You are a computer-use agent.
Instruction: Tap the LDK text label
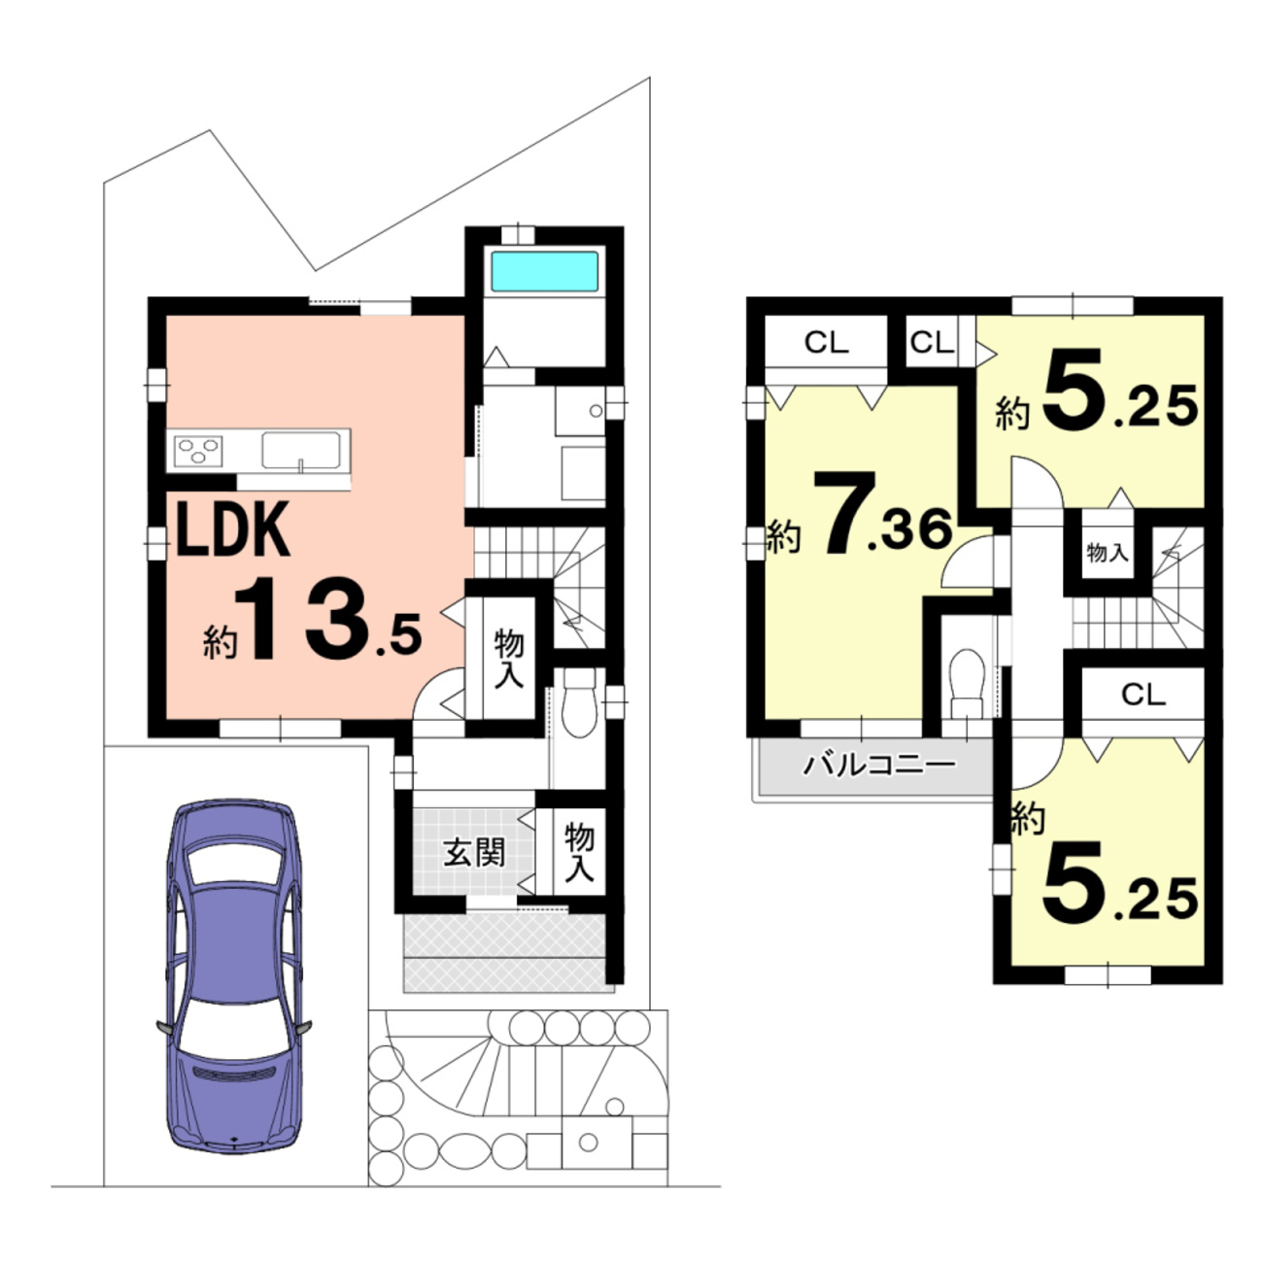coord(232,529)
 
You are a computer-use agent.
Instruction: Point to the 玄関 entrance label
coord(474,853)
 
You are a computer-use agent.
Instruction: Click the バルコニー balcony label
coord(879,765)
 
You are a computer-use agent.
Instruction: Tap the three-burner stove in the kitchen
coord(198,451)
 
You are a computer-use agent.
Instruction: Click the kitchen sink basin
coord(301,450)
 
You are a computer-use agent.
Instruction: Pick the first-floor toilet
coord(579,702)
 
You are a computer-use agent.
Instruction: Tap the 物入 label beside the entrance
coord(579,853)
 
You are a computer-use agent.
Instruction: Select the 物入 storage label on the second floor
coord(1107,553)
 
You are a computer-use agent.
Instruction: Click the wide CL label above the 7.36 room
coord(827,342)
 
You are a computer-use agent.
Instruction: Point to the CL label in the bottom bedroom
coord(1144,695)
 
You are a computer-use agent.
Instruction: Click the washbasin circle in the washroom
coord(596,411)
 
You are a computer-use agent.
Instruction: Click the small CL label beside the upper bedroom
coord(932,342)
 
